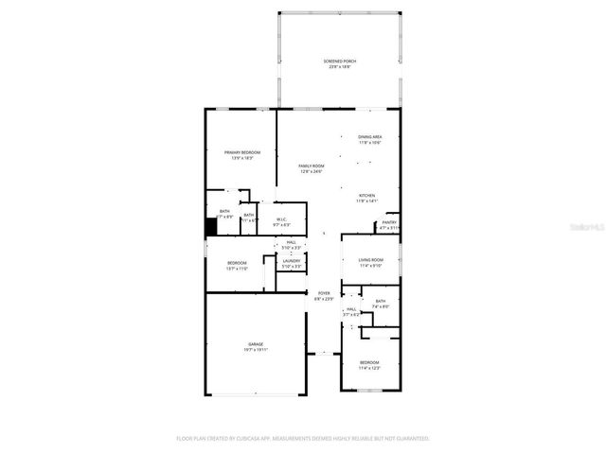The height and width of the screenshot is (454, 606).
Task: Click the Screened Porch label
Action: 339,61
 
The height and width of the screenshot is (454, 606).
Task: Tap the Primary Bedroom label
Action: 242,152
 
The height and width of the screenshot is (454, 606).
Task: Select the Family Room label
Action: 312,166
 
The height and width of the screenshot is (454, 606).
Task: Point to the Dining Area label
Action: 369,137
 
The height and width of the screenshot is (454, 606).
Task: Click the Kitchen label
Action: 366,196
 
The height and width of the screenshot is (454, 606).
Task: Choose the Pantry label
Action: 389,223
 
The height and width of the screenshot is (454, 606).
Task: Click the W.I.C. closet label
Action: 281,219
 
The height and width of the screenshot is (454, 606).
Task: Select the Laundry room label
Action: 292,261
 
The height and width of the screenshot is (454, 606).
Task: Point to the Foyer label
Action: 324,293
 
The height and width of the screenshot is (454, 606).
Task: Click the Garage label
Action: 256,343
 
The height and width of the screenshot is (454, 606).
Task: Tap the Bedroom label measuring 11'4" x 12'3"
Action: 368,362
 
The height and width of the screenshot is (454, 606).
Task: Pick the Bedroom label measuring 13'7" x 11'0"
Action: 237,263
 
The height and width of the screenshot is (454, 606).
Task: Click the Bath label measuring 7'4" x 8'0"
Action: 380,302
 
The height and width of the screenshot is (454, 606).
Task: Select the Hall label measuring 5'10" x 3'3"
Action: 292,243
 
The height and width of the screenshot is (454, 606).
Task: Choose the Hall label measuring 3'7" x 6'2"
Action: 350,309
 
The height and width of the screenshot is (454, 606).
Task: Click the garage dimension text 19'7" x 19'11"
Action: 256,350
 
